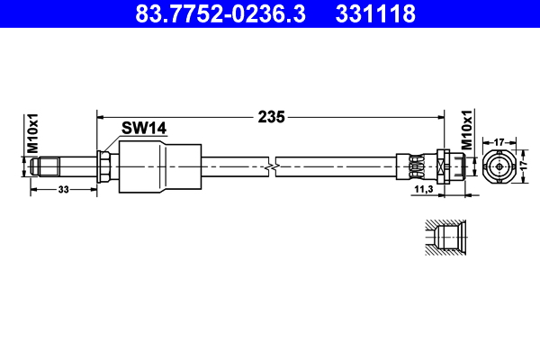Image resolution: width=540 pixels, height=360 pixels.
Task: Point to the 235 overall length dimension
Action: [272, 116]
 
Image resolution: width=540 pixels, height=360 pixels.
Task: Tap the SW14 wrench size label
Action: [144, 130]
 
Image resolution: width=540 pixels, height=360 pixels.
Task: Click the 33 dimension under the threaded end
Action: [64, 190]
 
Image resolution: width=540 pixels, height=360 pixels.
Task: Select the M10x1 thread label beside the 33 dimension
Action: [31, 131]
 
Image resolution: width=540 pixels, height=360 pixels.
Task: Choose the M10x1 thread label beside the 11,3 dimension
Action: [466, 130]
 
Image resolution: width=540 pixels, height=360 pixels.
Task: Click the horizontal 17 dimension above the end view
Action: [498, 140]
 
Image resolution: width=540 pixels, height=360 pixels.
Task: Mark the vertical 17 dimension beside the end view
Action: [531, 166]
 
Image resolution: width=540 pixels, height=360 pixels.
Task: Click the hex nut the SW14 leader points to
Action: [105, 166]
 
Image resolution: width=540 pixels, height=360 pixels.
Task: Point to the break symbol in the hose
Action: [272, 166]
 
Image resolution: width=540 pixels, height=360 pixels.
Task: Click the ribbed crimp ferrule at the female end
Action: [416, 166]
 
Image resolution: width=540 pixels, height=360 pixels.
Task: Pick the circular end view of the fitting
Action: [498, 166]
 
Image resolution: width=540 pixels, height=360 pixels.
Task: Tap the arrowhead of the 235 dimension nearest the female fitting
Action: [440, 117]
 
